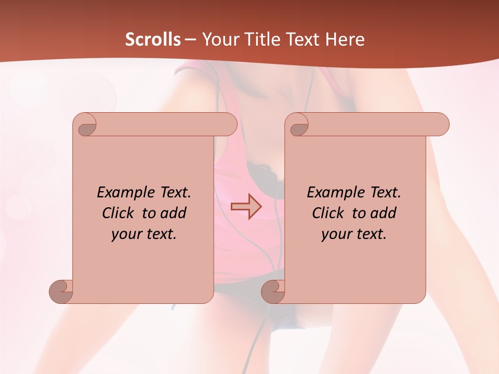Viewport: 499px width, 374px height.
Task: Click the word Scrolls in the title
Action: pos(153,39)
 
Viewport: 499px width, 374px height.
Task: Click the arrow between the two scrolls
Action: pos(246,207)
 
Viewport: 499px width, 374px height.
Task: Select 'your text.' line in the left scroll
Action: pos(144,234)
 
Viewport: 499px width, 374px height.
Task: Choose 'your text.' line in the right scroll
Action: pos(354,234)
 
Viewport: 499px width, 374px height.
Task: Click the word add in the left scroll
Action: pos(174,213)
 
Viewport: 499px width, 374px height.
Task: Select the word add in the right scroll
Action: pos(384,213)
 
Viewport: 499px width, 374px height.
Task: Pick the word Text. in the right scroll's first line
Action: pos(382,192)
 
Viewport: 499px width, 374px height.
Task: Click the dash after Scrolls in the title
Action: pos(190,39)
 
